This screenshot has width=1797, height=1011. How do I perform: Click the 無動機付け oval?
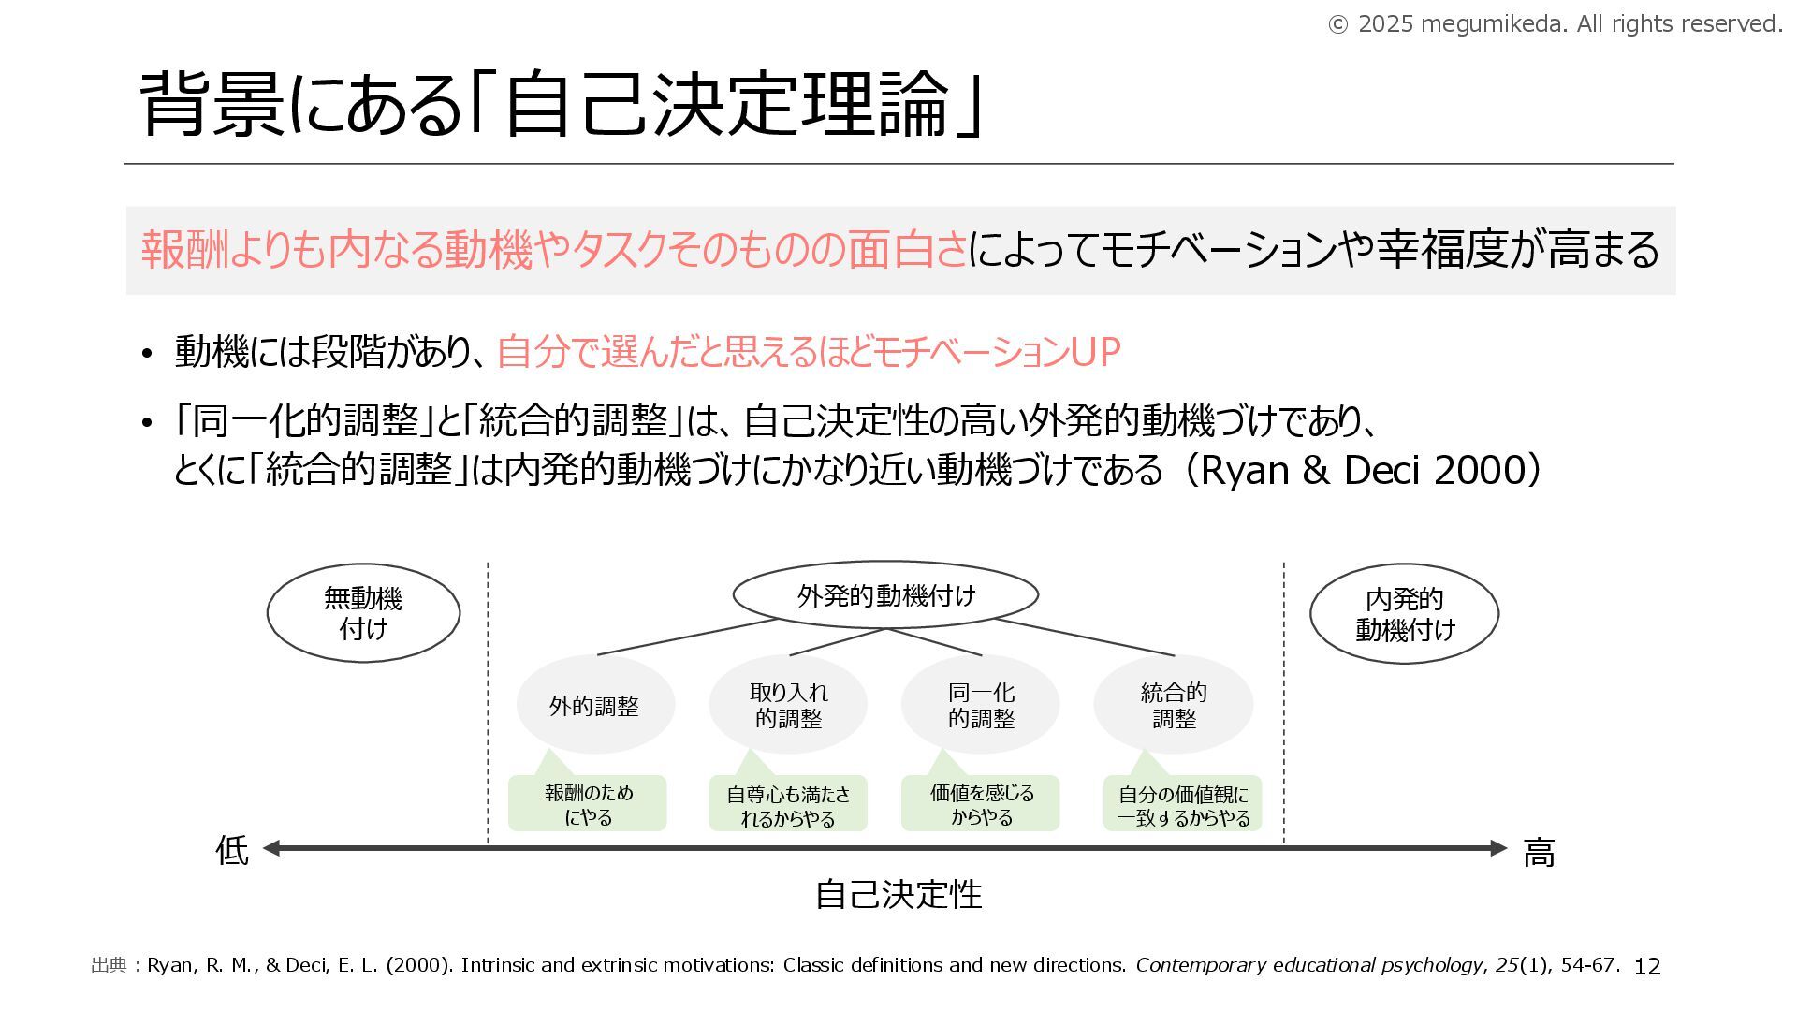click(363, 613)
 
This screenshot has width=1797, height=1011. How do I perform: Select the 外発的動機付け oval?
click(885, 594)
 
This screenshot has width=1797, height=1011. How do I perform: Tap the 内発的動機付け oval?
click(1404, 614)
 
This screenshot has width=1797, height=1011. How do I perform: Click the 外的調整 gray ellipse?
click(595, 706)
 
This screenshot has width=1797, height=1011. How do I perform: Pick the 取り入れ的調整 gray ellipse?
click(788, 705)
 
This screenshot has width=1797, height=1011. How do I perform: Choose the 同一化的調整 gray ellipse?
click(981, 705)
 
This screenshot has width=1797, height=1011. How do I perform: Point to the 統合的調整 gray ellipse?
click(1174, 705)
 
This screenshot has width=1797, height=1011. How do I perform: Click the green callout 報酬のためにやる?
click(588, 804)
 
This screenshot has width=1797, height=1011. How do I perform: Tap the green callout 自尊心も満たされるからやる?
click(788, 805)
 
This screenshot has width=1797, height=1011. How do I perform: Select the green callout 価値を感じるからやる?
click(981, 804)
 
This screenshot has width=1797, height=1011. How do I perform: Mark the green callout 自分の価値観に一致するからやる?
click(1183, 805)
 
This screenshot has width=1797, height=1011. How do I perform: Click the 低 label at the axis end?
click(232, 851)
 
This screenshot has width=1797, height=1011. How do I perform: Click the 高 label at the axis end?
click(1539, 853)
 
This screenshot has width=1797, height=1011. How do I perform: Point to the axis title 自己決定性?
click(898, 894)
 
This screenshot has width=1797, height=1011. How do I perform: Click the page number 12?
click(1646, 967)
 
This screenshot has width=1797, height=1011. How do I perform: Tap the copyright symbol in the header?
click(1338, 25)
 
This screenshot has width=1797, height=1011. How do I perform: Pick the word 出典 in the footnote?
click(109, 965)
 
